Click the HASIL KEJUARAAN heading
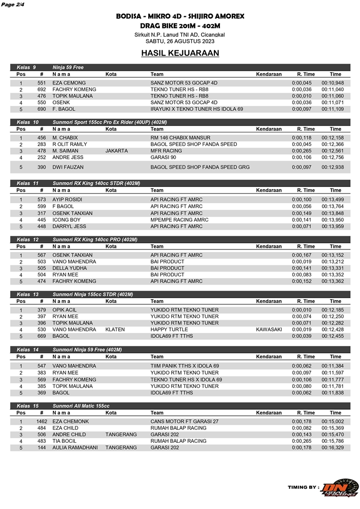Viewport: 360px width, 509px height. coord(180,53)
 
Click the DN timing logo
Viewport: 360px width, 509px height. coord(342,488)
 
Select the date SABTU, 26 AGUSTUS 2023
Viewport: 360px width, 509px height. coord(180,41)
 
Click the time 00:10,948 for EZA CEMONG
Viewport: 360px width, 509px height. coord(333,83)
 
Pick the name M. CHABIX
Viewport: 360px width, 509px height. coord(65,138)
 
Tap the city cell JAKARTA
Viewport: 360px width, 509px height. coord(117,151)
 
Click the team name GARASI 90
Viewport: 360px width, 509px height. coord(163,158)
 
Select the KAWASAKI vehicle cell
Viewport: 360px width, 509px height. coord(269,330)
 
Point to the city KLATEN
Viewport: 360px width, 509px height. coord(115,330)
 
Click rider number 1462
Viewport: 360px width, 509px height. coord(42,422)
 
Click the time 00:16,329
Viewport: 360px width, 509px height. coord(333,448)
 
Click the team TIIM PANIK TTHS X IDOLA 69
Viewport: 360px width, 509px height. coord(184,366)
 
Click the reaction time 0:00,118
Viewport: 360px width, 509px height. coord(301,138)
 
